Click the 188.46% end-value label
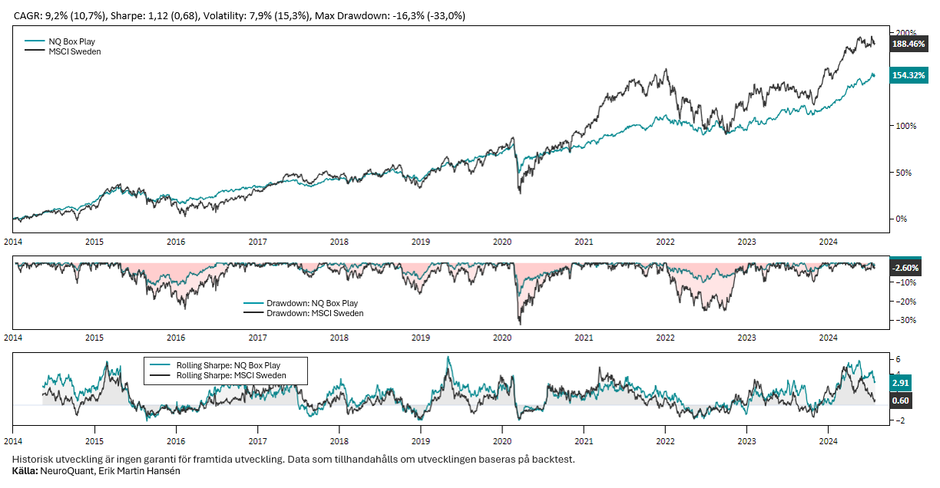(x=909, y=45)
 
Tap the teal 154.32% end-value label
(x=909, y=75)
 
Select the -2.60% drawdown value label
(x=906, y=268)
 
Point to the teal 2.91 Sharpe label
(x=900, y=381)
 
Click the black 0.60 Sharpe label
(x=900, y=400)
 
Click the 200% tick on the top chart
(x=906, y=33)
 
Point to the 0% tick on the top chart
(x=902, y=219)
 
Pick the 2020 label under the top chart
(x=502, y=242)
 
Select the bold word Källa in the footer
(x=25, y=470)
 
